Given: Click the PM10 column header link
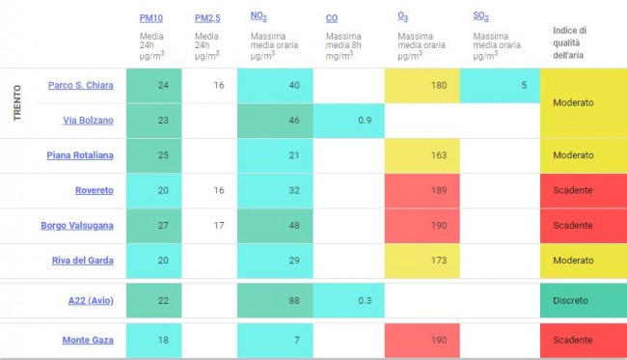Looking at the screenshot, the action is coord(151,18).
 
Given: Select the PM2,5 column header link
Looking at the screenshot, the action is coord(207,18).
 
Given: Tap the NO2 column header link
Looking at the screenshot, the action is coord(259,16).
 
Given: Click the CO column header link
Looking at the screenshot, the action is coord(332,18).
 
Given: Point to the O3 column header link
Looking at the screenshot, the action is coord(402,16).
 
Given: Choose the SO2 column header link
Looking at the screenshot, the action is coord(481,16).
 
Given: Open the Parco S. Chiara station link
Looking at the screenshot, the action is coord(81,85).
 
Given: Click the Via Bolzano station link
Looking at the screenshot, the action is coord(88,121).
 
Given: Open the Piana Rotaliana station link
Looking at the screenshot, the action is coord(80,155).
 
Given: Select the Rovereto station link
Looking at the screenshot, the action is coord(95,190).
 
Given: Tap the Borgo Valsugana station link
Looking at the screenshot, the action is coord(77,226).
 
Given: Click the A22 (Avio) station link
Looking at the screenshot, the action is coord(91,301).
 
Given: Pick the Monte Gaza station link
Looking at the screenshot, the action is coord(88,340).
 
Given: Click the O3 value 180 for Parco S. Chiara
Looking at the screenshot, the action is coord(439,85).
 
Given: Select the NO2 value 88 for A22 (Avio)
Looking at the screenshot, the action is coord(294,301).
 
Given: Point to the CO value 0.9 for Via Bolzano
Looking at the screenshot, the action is coord(365,121).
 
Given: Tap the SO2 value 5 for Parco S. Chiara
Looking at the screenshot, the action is coord(524,85).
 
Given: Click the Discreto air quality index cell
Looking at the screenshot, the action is coord(584,301).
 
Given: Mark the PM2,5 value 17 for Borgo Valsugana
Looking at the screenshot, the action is coord(219,226).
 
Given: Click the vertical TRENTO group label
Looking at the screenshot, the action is coord(16,103).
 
